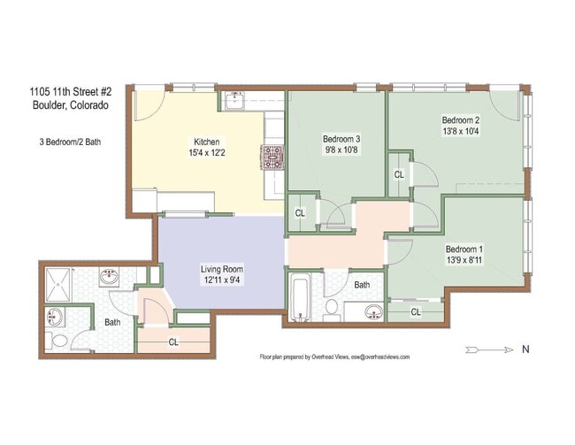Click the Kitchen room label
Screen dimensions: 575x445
206,142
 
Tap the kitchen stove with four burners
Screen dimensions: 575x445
272,157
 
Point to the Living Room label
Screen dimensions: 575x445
221,269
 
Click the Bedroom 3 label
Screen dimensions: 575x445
341,139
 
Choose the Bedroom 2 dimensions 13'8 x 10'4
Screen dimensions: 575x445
461,131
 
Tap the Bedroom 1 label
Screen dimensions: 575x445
464,249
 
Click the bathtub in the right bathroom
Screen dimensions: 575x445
301,299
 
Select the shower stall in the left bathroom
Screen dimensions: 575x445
57,285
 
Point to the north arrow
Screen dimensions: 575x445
489,350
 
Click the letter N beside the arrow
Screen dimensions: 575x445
525,349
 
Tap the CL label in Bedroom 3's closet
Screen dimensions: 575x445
300,213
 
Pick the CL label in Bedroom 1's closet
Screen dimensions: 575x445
416,312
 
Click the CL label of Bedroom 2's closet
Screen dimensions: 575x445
399,175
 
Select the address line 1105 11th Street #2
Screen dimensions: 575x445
71,91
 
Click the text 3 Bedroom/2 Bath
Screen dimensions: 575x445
70,142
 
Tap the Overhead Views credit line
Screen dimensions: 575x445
334,357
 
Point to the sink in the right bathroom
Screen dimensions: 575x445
373,312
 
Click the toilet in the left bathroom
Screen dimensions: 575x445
57,340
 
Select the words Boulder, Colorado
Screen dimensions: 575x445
71,105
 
